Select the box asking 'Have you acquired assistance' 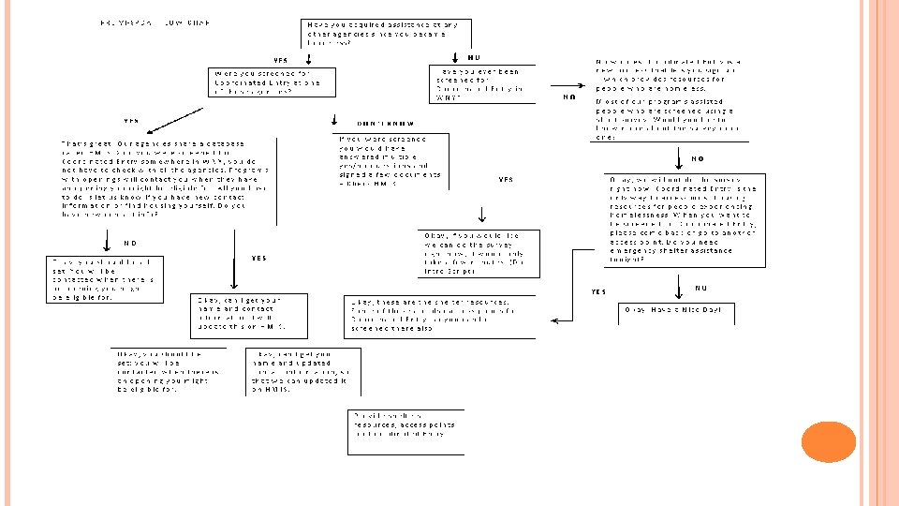[386, 33]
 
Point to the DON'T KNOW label [386, 124]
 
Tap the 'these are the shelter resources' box [437, 315]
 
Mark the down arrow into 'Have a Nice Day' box [677, 287]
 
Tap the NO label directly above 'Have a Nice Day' [701, 287]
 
